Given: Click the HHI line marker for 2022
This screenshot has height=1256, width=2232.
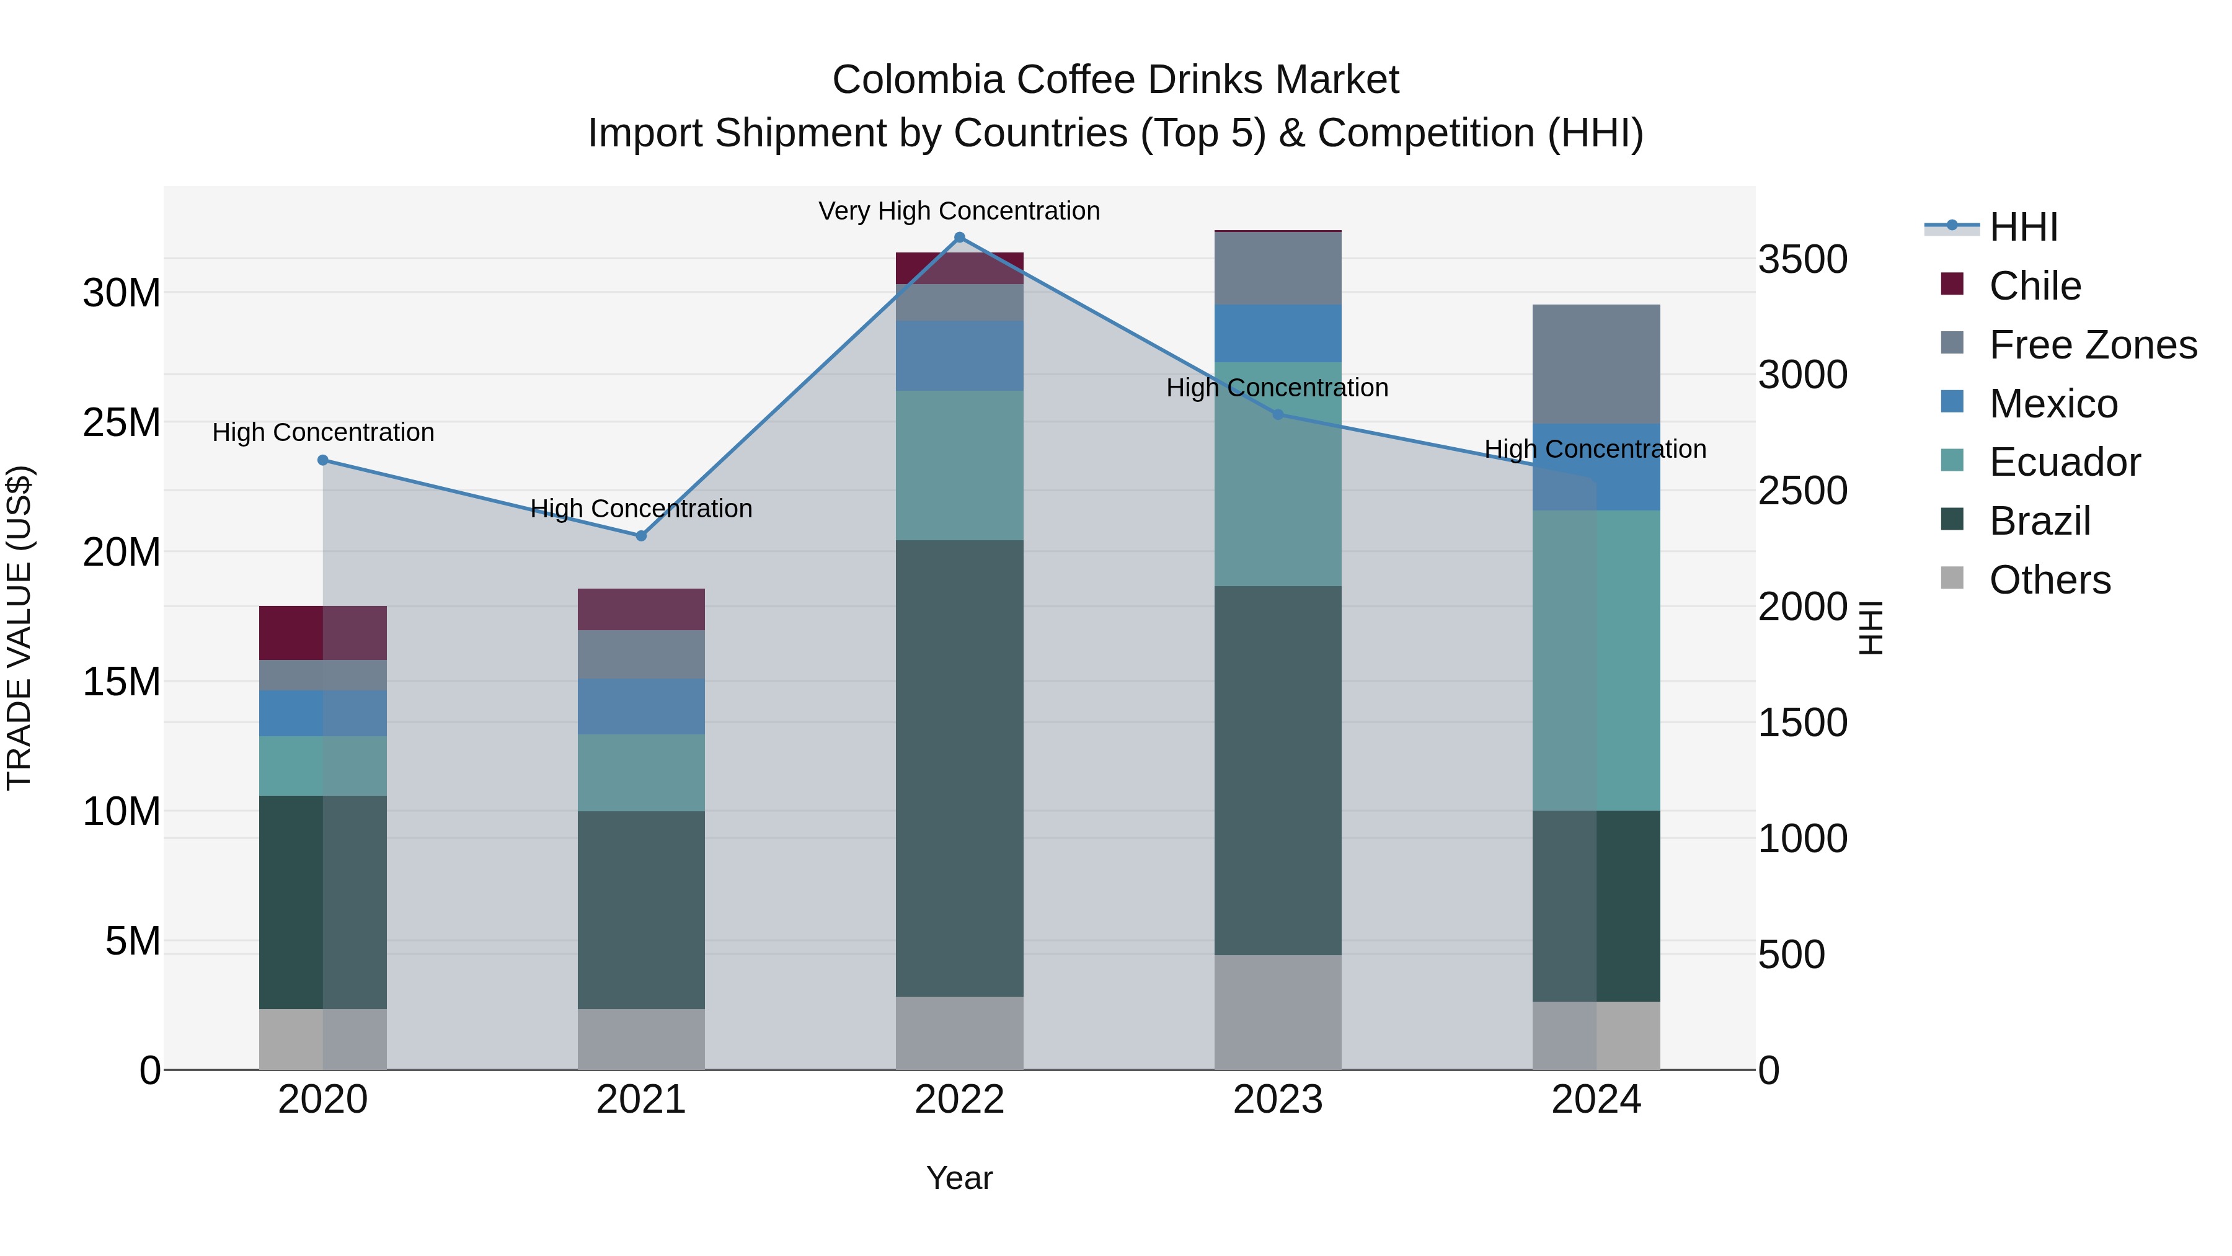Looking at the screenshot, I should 959,238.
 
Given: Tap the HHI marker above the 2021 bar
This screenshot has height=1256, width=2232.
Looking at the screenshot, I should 641,536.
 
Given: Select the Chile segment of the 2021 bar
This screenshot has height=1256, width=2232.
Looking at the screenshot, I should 641,609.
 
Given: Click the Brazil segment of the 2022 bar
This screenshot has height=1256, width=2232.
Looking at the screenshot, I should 959,768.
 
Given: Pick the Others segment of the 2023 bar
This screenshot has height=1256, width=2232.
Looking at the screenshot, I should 1277,1012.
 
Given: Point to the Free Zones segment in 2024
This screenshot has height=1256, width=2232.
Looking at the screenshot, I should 1596,364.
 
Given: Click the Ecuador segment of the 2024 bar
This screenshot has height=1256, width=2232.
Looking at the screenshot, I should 1596,661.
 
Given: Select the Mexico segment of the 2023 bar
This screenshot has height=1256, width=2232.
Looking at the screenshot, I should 1277,333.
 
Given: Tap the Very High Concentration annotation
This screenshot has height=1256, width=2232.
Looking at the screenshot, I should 959,211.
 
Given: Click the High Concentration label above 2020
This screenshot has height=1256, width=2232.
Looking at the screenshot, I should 323,432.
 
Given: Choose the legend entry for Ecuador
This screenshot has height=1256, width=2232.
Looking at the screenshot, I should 2064,462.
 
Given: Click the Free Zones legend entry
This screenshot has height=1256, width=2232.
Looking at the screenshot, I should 2092,345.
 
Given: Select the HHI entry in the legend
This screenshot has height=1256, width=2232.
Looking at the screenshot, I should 2022,227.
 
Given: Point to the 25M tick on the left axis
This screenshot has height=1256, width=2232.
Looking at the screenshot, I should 122,423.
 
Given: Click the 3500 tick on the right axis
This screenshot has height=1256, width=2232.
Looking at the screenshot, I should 1802,259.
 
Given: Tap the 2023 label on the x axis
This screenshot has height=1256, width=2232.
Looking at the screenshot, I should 1277,1100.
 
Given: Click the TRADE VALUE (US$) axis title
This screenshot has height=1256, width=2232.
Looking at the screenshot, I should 19,628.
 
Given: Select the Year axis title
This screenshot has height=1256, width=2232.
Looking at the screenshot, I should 959,1178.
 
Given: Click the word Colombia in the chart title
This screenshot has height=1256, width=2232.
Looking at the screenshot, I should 918,80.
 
